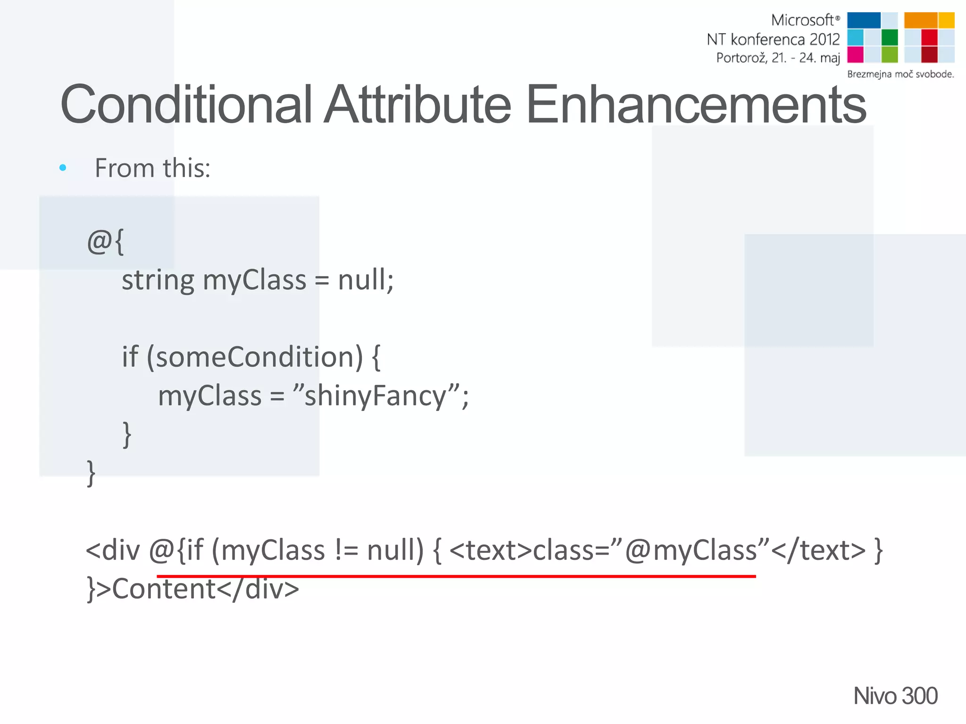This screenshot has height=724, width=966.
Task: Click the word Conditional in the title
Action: click(186, 105)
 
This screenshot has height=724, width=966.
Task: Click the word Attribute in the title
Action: click(417, 105)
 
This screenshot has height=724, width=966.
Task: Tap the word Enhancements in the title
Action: click(696, 105)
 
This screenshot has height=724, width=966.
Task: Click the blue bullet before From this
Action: click(63, 168)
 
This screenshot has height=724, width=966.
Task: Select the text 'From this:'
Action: click(152, 168)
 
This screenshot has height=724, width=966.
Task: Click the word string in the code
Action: click(158, 280)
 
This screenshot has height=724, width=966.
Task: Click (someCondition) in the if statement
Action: click(255, 357)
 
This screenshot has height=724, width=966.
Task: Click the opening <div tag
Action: click(113, 551)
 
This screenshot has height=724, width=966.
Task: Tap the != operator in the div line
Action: click(346, 551)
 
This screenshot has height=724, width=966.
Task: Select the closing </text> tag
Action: click(818, 551)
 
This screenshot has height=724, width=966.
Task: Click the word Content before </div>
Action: click(164, 589)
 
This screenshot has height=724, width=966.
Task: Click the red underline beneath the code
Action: click(456, 576)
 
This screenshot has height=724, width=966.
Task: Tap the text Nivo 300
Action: click(895, 696)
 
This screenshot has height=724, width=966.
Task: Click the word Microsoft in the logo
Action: click(802, 20)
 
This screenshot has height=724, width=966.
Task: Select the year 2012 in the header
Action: click(824, 39)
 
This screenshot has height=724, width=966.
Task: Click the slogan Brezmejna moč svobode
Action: click(900, 74)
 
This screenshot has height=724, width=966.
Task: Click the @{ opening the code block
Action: click(105, 242)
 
